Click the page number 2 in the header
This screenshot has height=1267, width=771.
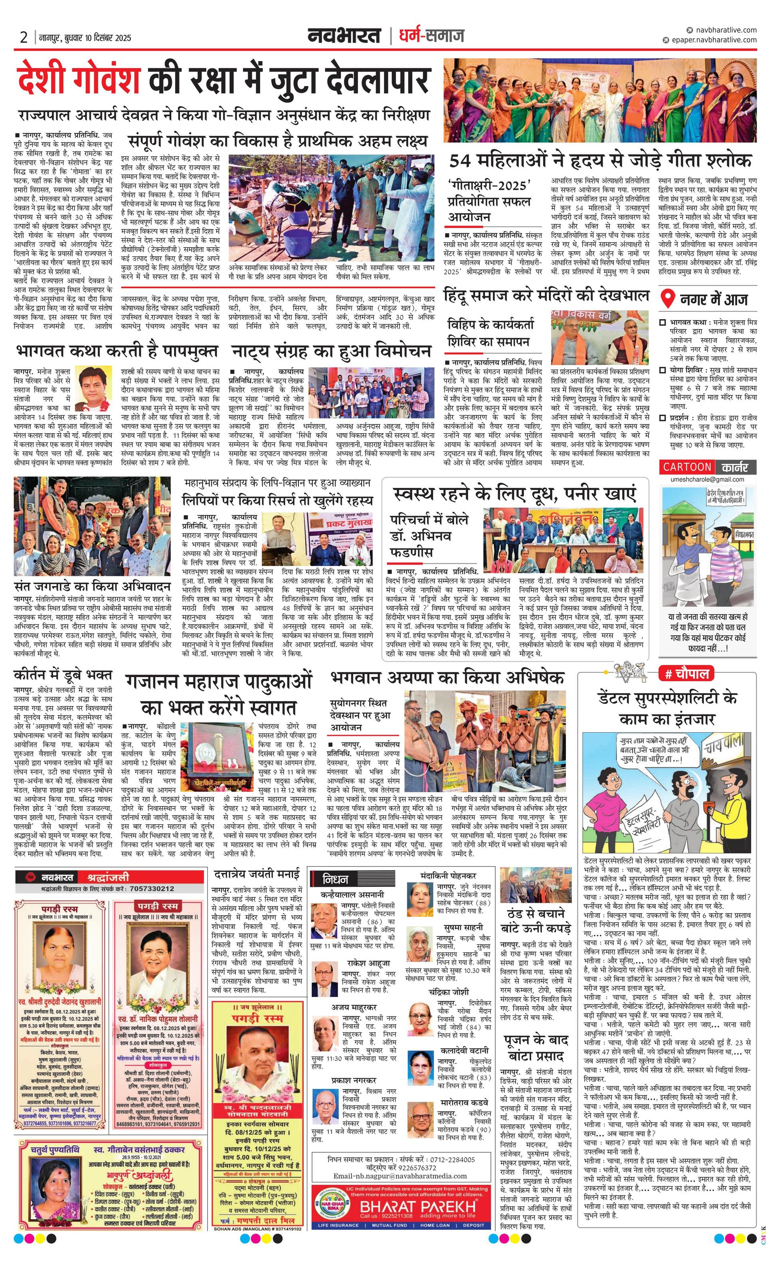pos(24,37)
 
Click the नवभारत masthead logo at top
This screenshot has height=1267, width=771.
pos(344,36)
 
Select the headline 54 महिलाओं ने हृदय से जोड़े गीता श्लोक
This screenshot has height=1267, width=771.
pos(600,161)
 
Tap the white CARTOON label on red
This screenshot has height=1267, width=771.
pos(687,467)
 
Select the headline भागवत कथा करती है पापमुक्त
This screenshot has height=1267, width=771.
pos(117,352)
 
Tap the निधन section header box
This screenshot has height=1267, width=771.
pos(335,879)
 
